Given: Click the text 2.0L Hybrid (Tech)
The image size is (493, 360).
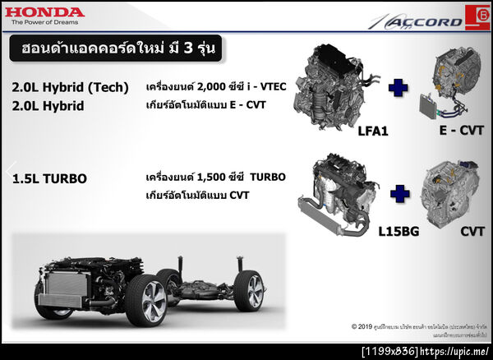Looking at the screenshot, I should pos(71,88).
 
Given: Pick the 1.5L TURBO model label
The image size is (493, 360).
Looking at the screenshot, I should pos(50,178).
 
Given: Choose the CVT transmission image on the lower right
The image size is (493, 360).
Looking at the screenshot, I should pos(450,192).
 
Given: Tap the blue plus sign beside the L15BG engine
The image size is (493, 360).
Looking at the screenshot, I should pos(399,193).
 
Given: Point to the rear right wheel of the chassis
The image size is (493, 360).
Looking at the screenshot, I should pos(249,290).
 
